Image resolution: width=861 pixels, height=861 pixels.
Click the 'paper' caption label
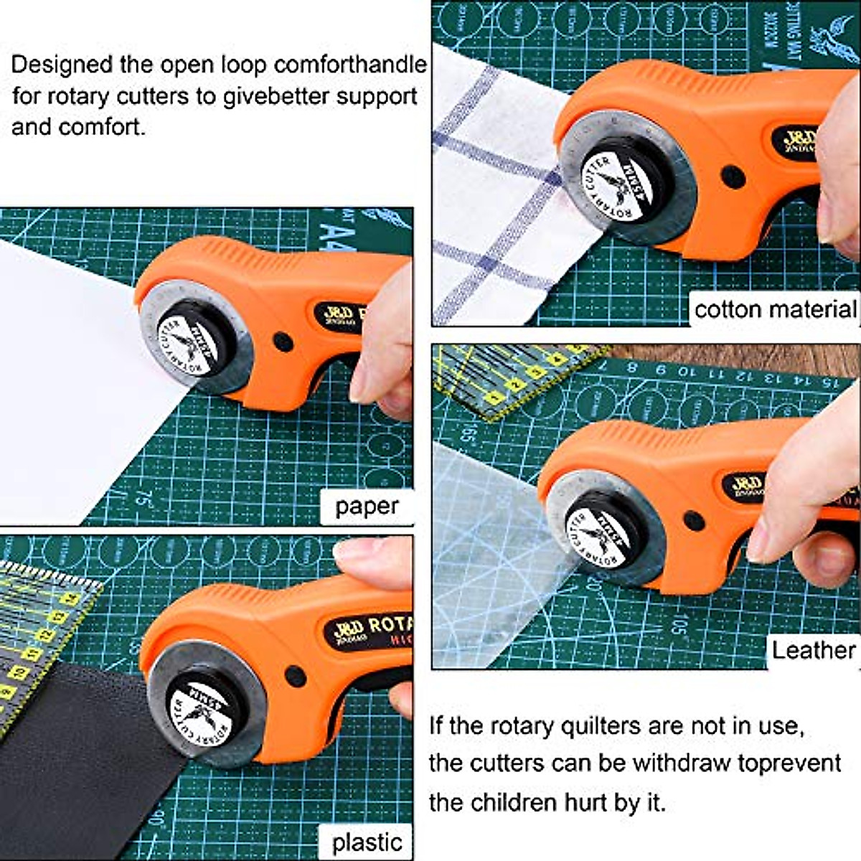point(366,507)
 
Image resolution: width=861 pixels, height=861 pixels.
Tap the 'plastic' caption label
point(366,841)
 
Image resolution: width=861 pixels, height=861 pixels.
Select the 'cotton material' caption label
point(775,309)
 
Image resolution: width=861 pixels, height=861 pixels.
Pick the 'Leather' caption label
point(813,650)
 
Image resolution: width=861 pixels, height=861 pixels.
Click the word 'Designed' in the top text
point(62,65)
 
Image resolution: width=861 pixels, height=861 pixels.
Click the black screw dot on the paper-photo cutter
point(283,342)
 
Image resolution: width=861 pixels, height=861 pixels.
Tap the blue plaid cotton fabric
point(495,194)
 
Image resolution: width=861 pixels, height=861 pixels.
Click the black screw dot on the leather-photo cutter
point(693,520)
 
